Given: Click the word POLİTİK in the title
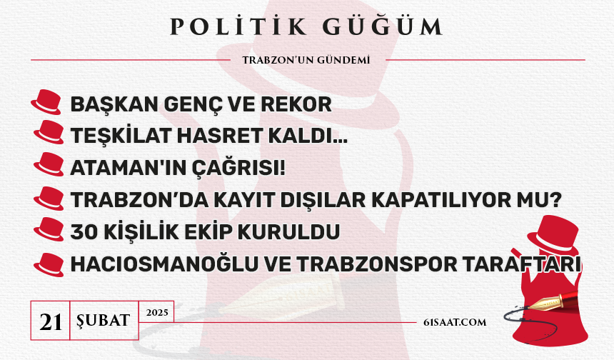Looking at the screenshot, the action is (x=238, y=26).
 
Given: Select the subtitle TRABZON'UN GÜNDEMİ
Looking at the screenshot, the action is (x=306, y=60).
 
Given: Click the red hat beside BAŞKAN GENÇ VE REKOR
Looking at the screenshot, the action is (x=46, y=102).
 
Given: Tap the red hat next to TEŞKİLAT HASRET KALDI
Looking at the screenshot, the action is (x=49, y=132).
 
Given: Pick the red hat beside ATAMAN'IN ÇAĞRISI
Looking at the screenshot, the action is (x=49, y=164).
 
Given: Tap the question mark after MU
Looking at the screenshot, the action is (x=556, y=200).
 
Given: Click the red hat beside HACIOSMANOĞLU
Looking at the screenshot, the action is (x=49, y=265).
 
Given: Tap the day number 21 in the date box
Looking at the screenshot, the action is (x=51, y=322).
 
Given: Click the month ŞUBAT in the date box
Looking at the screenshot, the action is (x=104, y=321).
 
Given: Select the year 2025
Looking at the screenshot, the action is (x=157, y=312).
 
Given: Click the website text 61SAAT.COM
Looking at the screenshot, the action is (x=455, y=322).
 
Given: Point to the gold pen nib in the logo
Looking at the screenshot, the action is (x=543, y=303).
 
